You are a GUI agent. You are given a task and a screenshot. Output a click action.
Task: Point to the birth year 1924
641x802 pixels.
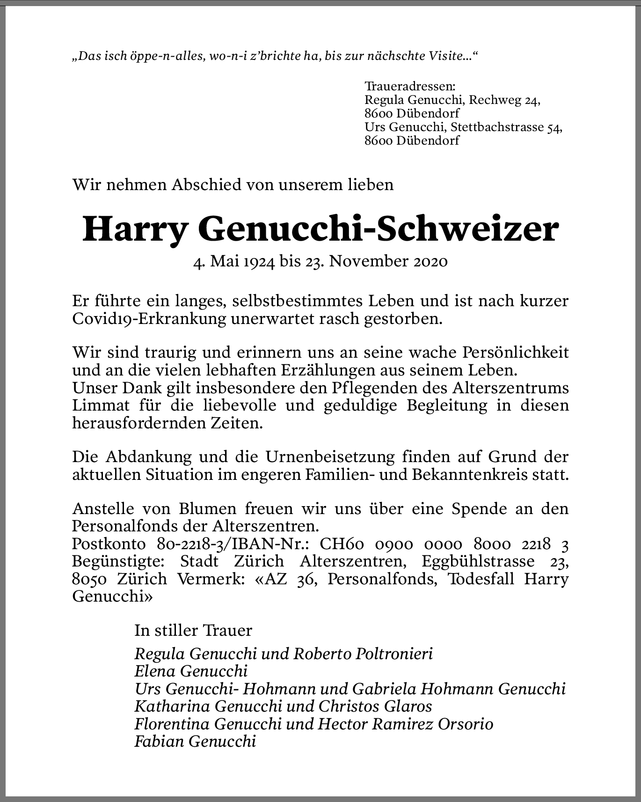tap(258, 261)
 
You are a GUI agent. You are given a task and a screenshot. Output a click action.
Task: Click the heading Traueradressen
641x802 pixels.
tap(409, 87)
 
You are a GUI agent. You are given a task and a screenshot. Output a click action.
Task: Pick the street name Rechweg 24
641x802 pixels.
tap(505, 100)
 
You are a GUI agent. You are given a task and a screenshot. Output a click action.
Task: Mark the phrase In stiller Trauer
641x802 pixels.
tap(193, 631)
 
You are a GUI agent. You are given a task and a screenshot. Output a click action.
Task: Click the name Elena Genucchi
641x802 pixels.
tap(190, 671)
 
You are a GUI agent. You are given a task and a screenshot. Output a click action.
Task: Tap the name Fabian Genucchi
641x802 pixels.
tap(195, 742)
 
